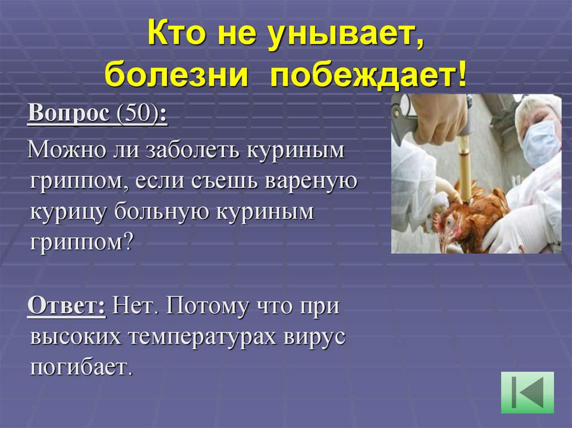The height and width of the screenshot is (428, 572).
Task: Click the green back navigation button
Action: click(527, 392)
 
